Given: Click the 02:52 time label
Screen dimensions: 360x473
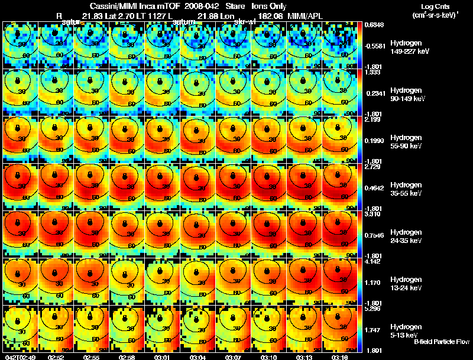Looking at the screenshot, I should pos(56,357).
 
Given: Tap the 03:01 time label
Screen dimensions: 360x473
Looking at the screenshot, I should pos(162,357).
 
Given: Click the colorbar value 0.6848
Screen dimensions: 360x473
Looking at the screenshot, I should pos(373,24).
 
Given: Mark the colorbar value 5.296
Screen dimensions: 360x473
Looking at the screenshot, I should pos(373,308).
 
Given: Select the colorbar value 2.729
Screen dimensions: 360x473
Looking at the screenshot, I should pos(373,166).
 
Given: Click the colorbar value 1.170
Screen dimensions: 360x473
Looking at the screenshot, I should pos(373,283).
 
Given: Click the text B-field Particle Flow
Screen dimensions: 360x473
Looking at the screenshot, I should pos(442,342).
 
